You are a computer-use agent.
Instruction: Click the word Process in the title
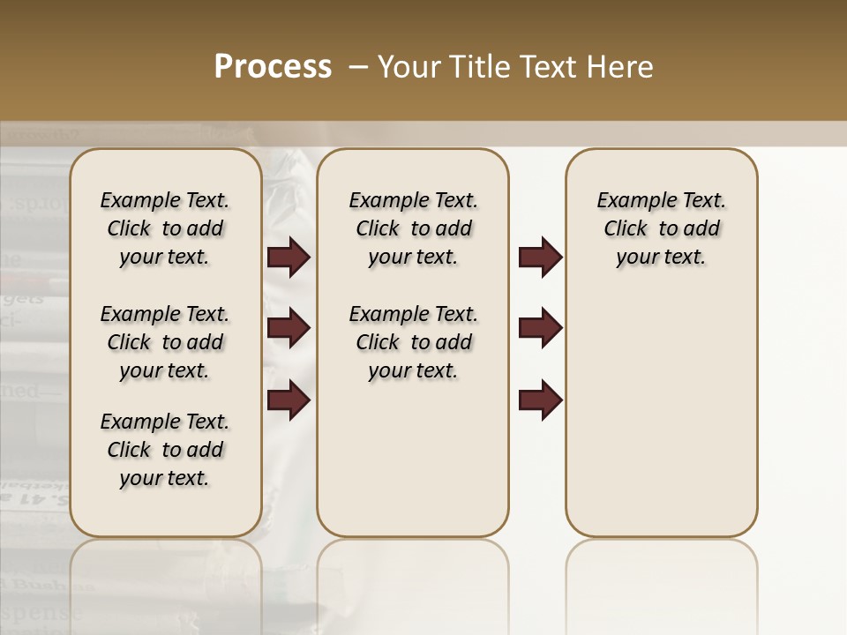tap(273, 67)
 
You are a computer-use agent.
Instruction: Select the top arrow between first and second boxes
tap(289, 258)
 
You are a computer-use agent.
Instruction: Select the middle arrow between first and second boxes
tap(289, 328)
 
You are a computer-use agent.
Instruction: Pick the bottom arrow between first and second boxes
tap(289, 400)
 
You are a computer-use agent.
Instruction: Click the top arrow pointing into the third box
tap(540, 258)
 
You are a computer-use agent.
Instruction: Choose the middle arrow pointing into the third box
tap(540, 328)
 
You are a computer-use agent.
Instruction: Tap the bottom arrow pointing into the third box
tap(540, 400)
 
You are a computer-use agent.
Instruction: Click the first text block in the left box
tap(165, 228)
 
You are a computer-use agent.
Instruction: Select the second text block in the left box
tap(165, 342)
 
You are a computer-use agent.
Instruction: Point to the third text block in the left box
tap(165, 450)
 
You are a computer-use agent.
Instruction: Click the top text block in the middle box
tap(413, 228)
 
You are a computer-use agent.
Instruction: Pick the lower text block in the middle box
tap(413, 342)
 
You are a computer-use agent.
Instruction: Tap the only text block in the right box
tap(661, 228)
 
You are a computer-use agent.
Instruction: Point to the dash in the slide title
tap(358, 67)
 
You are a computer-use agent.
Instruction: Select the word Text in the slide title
tap(551, 67)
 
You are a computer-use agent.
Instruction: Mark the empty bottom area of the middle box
tap(413, 467)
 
